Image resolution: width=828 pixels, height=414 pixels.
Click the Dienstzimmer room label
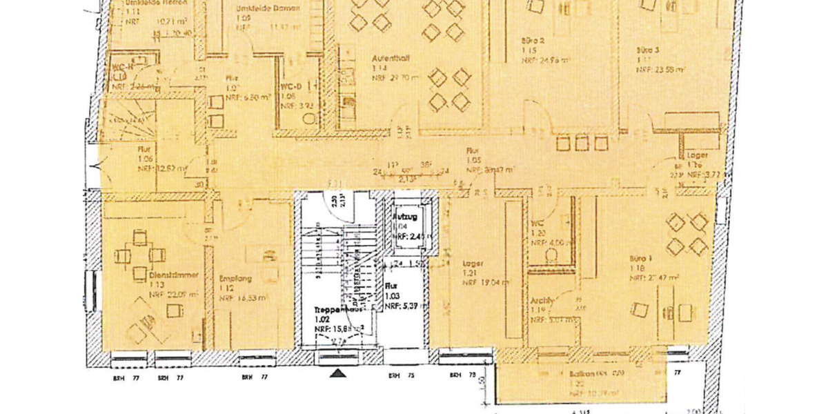coord(174,275)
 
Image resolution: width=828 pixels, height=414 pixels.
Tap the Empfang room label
coord(233,279)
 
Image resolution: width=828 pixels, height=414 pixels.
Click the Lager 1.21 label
coord(473,264)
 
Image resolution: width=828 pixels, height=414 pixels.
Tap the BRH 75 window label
coord(395,377)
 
